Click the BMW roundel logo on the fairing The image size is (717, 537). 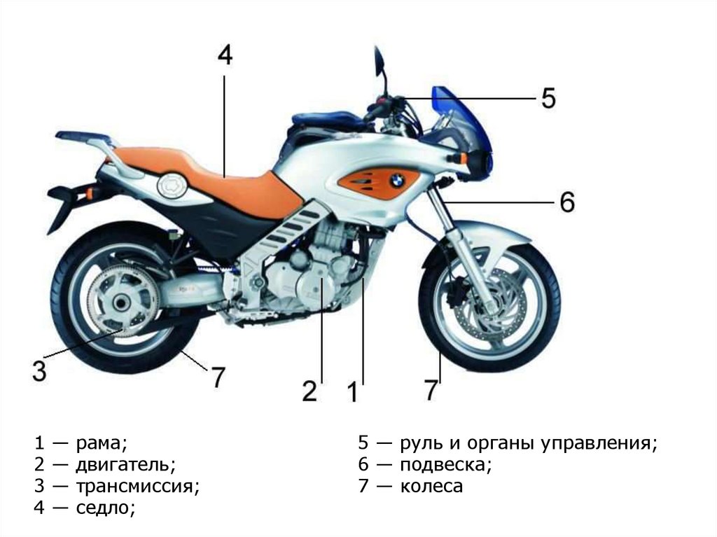point(397,181)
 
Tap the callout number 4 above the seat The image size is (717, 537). point(224,56)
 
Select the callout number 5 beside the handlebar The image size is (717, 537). point(548,98)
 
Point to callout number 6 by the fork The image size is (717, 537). point(566,202)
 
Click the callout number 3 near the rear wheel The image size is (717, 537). point(40,370)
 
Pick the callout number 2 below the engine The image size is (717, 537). point(309,391)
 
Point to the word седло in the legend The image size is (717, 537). point(105,508)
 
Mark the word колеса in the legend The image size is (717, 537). point(431,486)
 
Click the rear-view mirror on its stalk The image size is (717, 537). point(379,60)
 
